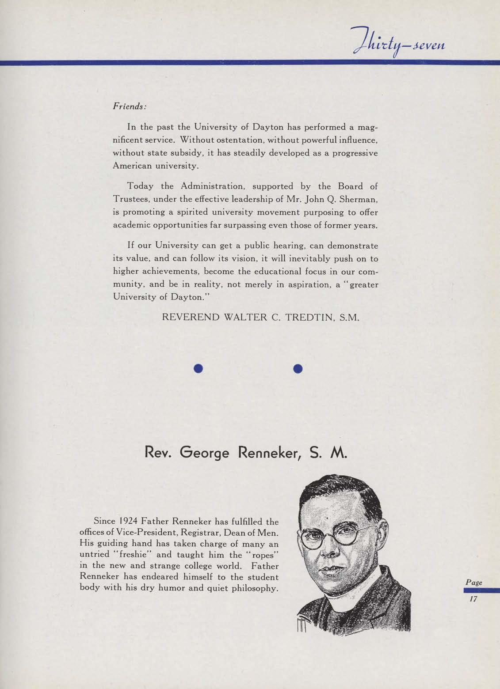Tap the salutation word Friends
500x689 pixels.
click(x=129, y=106)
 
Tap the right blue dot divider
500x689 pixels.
click(x=298, y=368)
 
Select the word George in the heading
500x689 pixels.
click(x=204, y=453)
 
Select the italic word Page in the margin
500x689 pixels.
click(x=473, y=583)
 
